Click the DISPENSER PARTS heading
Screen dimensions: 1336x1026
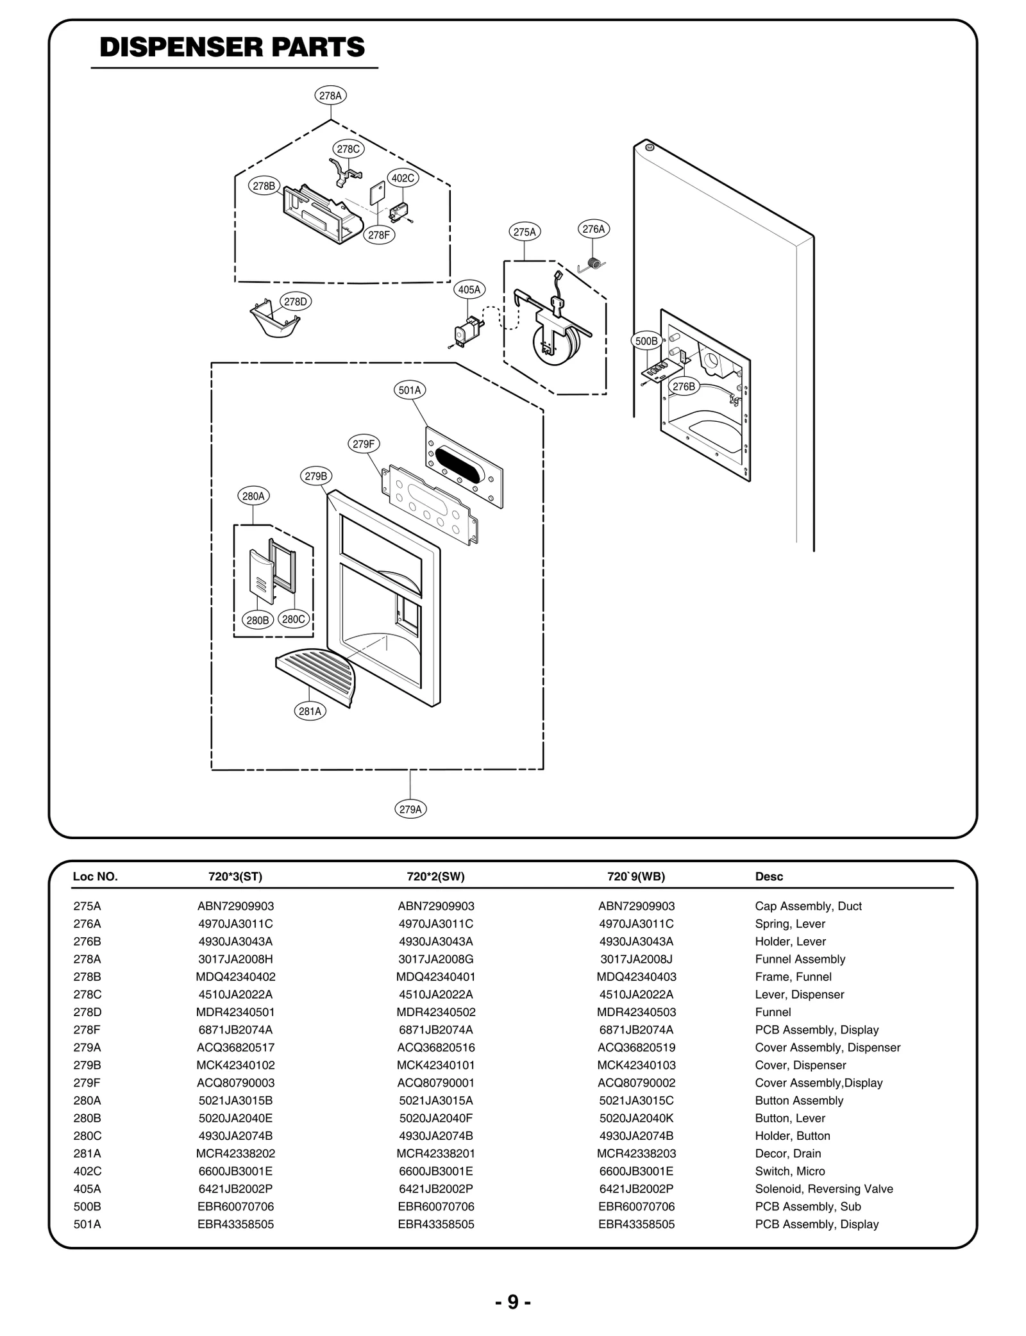click(232, 47)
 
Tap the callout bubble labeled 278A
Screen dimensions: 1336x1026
click(331, 96)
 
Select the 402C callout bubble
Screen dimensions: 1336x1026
click(403, 178)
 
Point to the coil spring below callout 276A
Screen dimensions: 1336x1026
click(596, 263)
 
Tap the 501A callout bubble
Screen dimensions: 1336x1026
click(409, 390)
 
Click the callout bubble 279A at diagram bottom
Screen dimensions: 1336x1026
click(410, 809)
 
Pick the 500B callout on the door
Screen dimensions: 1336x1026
click(646, 341)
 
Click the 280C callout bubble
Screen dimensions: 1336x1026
click(294, 619)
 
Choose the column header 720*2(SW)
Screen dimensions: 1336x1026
click(435, 876)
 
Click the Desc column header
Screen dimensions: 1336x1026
click(769, 876)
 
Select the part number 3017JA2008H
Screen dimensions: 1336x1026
click(235, 959)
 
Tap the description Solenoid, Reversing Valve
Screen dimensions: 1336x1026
click(823, 1189)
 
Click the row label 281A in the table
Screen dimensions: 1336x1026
click(87, 1153)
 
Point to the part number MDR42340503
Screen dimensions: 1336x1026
click(636, 1012)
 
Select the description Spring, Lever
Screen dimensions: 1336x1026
click(789, 924)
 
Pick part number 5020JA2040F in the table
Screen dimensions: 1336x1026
click(435, 1118)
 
